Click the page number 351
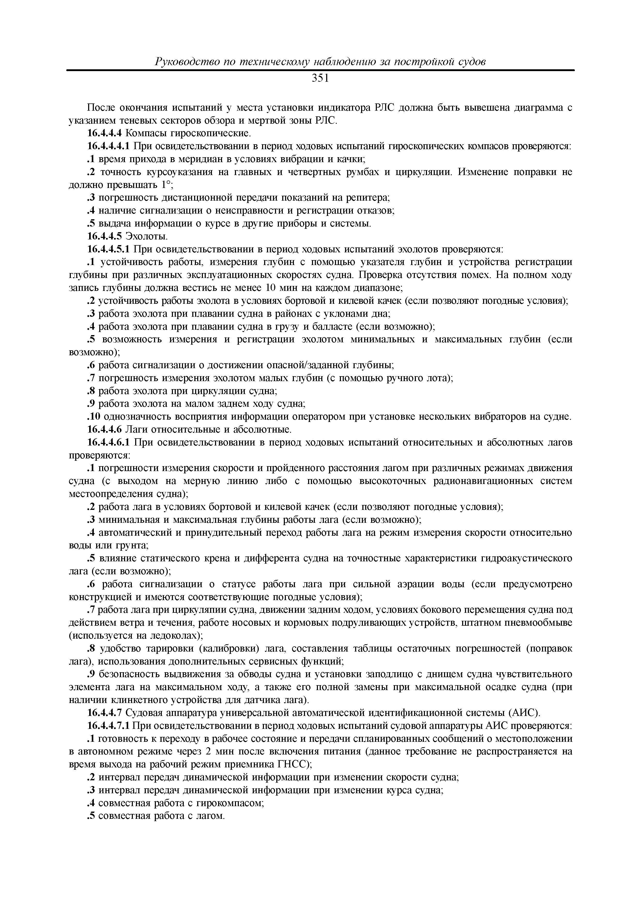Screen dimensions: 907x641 click(320, 79)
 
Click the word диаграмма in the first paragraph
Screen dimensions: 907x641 click(538, 108)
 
